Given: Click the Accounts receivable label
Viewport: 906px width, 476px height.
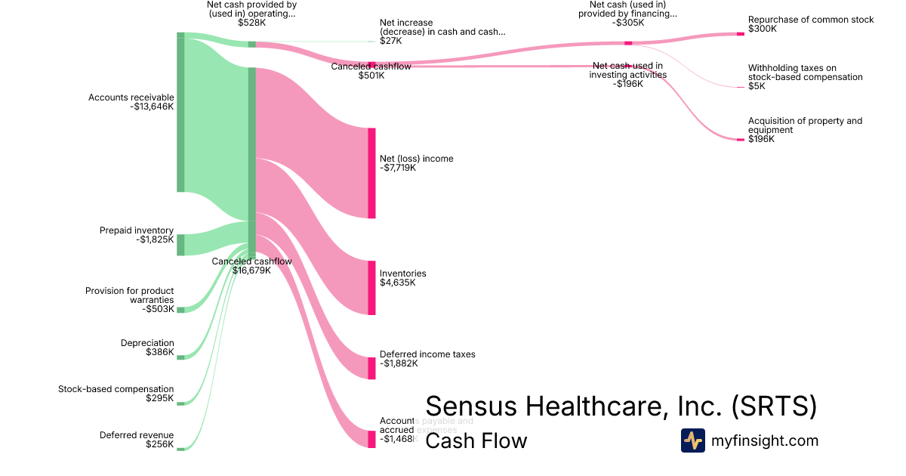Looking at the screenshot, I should pyautogui.click(x=131, y=102).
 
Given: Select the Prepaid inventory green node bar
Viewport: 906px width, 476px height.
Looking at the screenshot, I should pyautogui.click(x=180, y=245).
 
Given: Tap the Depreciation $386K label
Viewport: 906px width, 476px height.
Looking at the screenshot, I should pyautogui.click(x=147, y=348).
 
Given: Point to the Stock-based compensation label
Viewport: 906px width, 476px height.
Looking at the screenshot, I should pyautogui.click(x=116, y=394).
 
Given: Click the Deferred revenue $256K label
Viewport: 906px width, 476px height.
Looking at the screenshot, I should pyautogui.click(x=137, y=440).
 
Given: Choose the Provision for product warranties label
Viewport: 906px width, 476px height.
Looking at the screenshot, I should pyautogui.click(x=129, y=299).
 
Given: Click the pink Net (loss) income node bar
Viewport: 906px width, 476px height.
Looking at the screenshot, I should pyautogui.click(x=371, y=173).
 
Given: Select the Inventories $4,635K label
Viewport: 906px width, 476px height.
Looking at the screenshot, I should pyautogui.click(x=403, y=278).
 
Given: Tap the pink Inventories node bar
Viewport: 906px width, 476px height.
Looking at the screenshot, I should pyautogui.click(x=371, y=287).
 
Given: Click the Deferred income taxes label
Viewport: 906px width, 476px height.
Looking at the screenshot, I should pyautogui.click(x=427, y=358).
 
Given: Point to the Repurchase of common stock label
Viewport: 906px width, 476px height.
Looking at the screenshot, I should pyautogui.click(x=811, y=24).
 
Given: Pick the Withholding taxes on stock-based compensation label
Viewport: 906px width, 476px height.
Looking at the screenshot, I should pyautogui.click(x=805, y=77).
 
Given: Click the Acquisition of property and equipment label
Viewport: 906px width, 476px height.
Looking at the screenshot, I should pyautogui.click(x=805, y=130).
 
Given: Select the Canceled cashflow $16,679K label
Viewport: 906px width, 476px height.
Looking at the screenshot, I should pyautogui.click(x=251, y=266).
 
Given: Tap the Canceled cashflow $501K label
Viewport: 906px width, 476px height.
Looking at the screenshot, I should pyautogui.click(x=371, y=71).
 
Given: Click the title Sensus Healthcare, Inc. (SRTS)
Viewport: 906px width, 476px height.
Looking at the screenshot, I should pyautogui.click(x=621, y=406).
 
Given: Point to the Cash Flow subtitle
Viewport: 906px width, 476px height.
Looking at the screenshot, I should pyautogui.click(x=476, y=440).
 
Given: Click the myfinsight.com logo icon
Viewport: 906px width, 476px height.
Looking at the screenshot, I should pyautogui.click(x=692, y=440).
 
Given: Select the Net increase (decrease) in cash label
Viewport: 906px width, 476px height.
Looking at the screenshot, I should pyautogui.click(x=442, y=32).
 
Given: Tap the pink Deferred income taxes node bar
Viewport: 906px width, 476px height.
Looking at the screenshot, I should pyautogui.click(x=371, y=368).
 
